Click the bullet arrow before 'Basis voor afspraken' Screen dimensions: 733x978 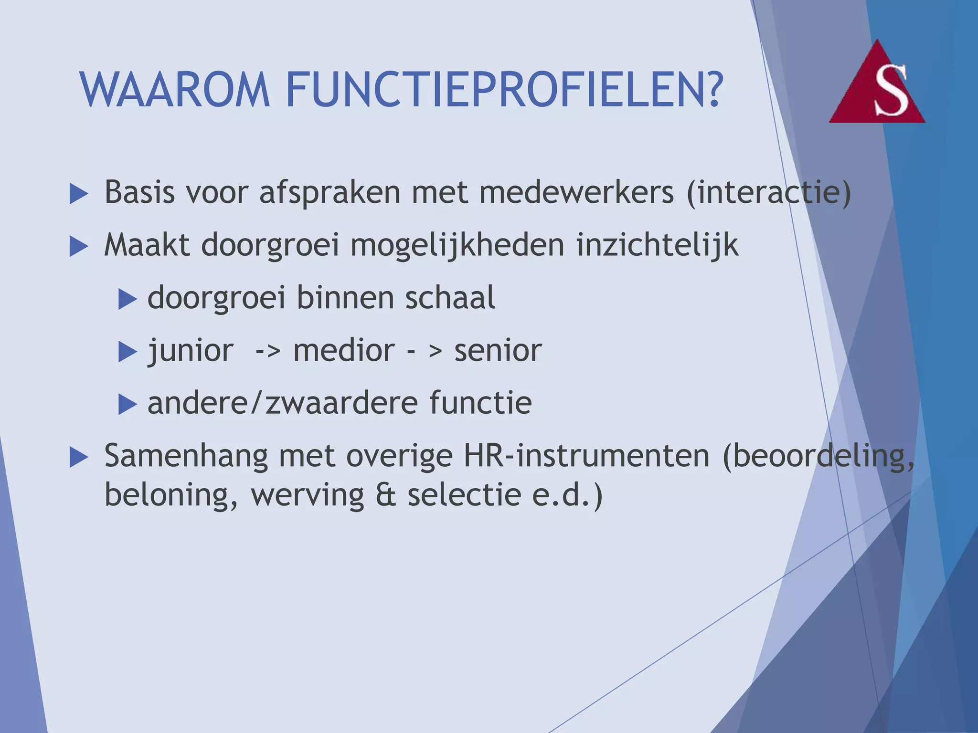point(79,194)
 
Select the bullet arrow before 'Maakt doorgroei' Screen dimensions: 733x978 point(79,247)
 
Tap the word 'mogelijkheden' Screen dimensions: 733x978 point(457,246)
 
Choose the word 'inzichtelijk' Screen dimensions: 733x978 point(657,246)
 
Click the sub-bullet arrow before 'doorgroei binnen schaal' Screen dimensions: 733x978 point(128,299)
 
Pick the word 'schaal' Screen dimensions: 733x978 point(449,298)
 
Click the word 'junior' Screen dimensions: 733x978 point(191,351)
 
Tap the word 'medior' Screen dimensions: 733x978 point(344,351)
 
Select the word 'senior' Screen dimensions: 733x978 point(498,351)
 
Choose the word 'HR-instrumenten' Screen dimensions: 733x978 point(586,456)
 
